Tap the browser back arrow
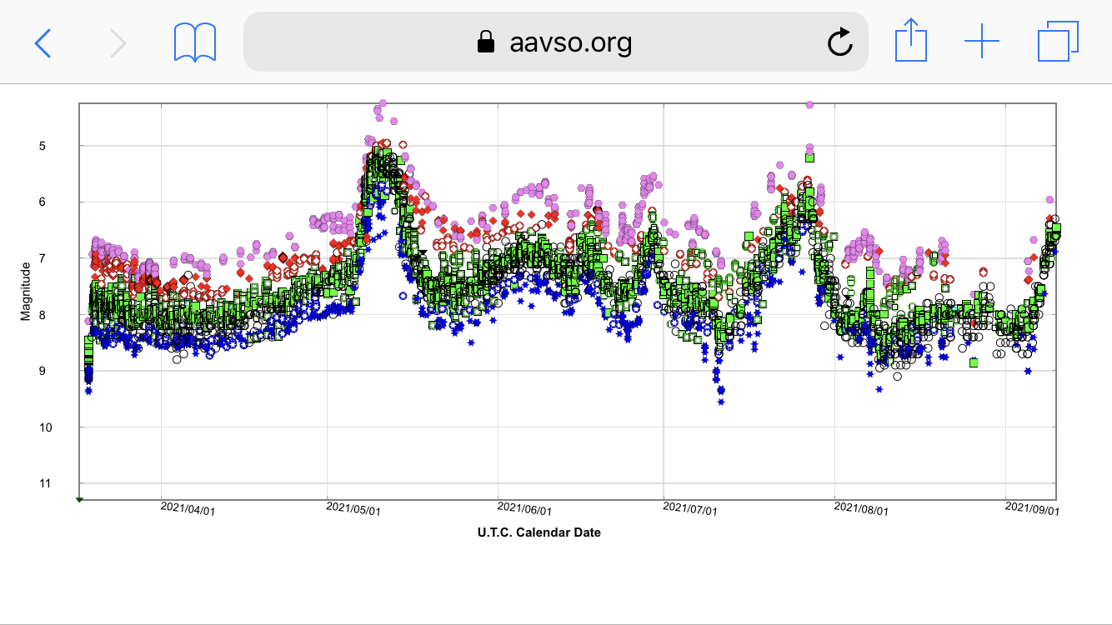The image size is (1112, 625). [43, 42]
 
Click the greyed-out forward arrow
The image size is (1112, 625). [118, 42]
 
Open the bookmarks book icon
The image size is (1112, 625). [195, 42]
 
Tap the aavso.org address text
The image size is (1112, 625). [570, 42]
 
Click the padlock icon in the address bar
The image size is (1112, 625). [486, 42]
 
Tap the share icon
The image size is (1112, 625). [910, 41]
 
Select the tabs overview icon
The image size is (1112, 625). [1058, 42]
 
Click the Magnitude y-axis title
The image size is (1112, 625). [26, 291]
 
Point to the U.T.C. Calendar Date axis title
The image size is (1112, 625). [538, 532]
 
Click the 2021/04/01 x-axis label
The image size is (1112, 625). [188, 508]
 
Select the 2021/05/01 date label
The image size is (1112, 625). [353, 508]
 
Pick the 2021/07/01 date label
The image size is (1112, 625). [690, 508]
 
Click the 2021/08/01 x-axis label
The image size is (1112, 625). [861, 508]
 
